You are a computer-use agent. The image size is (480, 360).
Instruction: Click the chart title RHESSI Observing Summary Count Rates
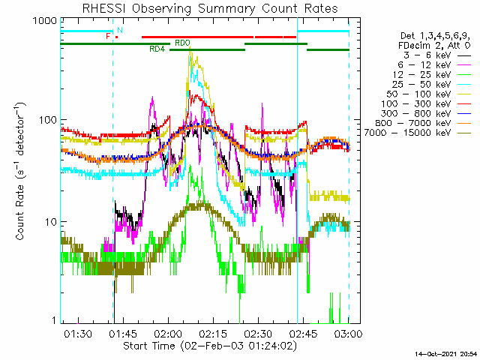click(x=210, y=8)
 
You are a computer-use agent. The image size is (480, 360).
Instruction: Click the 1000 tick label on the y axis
click(x=45, y=21)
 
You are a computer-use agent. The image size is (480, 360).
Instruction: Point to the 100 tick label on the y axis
click(x=48, y=120)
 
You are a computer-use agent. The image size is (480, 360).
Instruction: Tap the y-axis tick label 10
click(x=51, y=222)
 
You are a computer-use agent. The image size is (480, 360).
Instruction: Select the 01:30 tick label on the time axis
click(x=78, y=333)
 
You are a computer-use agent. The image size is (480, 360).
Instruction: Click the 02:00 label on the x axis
click(x=168, y=333)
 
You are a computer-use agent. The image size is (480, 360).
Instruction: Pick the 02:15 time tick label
click(x=213, y=333)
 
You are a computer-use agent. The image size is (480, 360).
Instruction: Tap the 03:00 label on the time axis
click(x=349, y=333)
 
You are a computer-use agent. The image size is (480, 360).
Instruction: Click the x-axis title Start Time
click(x=149, y=346)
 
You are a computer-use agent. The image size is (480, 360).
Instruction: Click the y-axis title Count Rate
click(x=20, y=213)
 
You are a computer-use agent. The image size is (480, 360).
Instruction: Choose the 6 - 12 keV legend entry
click(x=434, y=65)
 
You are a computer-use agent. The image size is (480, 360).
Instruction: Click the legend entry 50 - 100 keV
click(x=428, y=94)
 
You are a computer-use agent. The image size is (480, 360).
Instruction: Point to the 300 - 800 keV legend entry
click(x=426, y=113)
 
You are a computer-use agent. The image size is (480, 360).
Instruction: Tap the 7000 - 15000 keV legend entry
click(x=418, y=133)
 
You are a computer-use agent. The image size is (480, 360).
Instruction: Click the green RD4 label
click(x=157, y=49)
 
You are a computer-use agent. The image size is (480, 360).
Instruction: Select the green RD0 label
click(x=182, y=43)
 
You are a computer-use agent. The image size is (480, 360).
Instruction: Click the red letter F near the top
click(x=108, y=36)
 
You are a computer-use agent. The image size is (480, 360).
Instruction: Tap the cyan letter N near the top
click(x=120, y=30)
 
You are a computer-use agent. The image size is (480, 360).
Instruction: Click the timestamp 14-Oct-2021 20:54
click(x=445, y=354)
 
